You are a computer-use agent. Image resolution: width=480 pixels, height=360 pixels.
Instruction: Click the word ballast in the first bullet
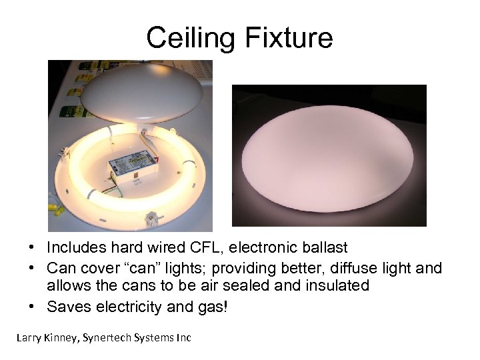tap(324, 248)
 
